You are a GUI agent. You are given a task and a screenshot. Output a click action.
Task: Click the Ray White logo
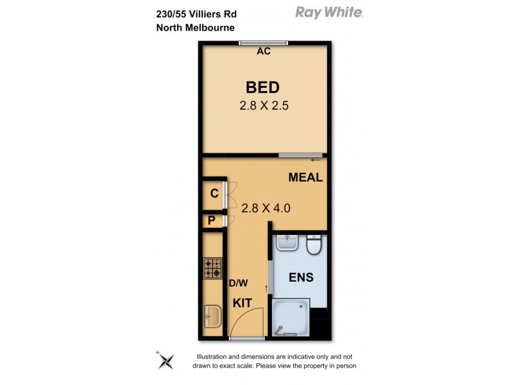pyautogui.click(x=328, y=12)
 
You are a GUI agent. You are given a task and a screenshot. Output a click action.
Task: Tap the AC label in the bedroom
pyautogui.click(x=263, y=52)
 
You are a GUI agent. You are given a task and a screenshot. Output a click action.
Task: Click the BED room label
pyautogui.click(x=263, y=88)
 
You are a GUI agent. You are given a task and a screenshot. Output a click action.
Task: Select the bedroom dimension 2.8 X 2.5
pyautogui.click(x=264, y=106)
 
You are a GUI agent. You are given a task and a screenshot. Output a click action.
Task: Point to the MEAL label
pyautogui.click(x=305, y=178)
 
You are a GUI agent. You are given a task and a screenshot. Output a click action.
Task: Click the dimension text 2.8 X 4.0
pyautogui.click(x=266, y=207)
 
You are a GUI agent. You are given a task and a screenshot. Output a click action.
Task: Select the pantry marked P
pyautogui.click(x=211, y=221)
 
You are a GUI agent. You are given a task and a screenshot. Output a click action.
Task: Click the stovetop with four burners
pyautogui.click(x=212, y=268)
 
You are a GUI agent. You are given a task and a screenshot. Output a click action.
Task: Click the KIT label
pyautogui.click(x=242, y=302)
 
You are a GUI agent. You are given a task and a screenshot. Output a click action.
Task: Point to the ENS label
pyautogui.click(x=301, y=278)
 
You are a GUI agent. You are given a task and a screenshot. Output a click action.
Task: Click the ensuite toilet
pyautogui.click(x=314, y=246)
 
